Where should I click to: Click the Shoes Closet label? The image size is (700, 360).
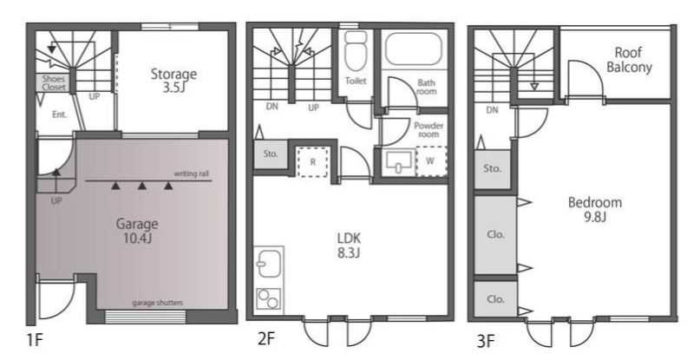[x=54, y=83]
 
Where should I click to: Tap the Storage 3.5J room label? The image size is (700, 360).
[x=173, y=80]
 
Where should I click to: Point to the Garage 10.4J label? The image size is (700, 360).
[x=137, y=231]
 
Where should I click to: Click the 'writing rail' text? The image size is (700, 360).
[x=192, y=173]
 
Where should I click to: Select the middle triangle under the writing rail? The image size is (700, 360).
[x=142, y=186]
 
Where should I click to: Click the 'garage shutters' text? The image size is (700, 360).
[x=157, y=303]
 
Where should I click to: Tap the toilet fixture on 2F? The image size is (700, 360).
[x=356, y=51]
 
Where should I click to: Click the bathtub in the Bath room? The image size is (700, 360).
[x=414, y=49]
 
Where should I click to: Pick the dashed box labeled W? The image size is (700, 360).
[x=431, y=161]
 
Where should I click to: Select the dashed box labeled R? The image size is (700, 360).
[x=312, y=161]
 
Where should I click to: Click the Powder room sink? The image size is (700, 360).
[x=399, y=161]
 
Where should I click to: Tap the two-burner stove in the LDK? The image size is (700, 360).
[x=269, y=298]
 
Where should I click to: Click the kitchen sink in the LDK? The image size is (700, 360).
[x=269, y=264]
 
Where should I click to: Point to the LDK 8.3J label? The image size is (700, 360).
[x=349, y=245]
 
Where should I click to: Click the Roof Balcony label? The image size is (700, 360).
[x=629, y=60]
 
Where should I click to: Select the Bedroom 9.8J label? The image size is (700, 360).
[x=595, y=209]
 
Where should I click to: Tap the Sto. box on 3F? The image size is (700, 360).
[x=493, y=169]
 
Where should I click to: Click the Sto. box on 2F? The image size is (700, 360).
[x=271, y=154]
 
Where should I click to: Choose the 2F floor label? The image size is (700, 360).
[x=265, y=339]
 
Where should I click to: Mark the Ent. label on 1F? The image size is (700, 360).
[x=59, y=115]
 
